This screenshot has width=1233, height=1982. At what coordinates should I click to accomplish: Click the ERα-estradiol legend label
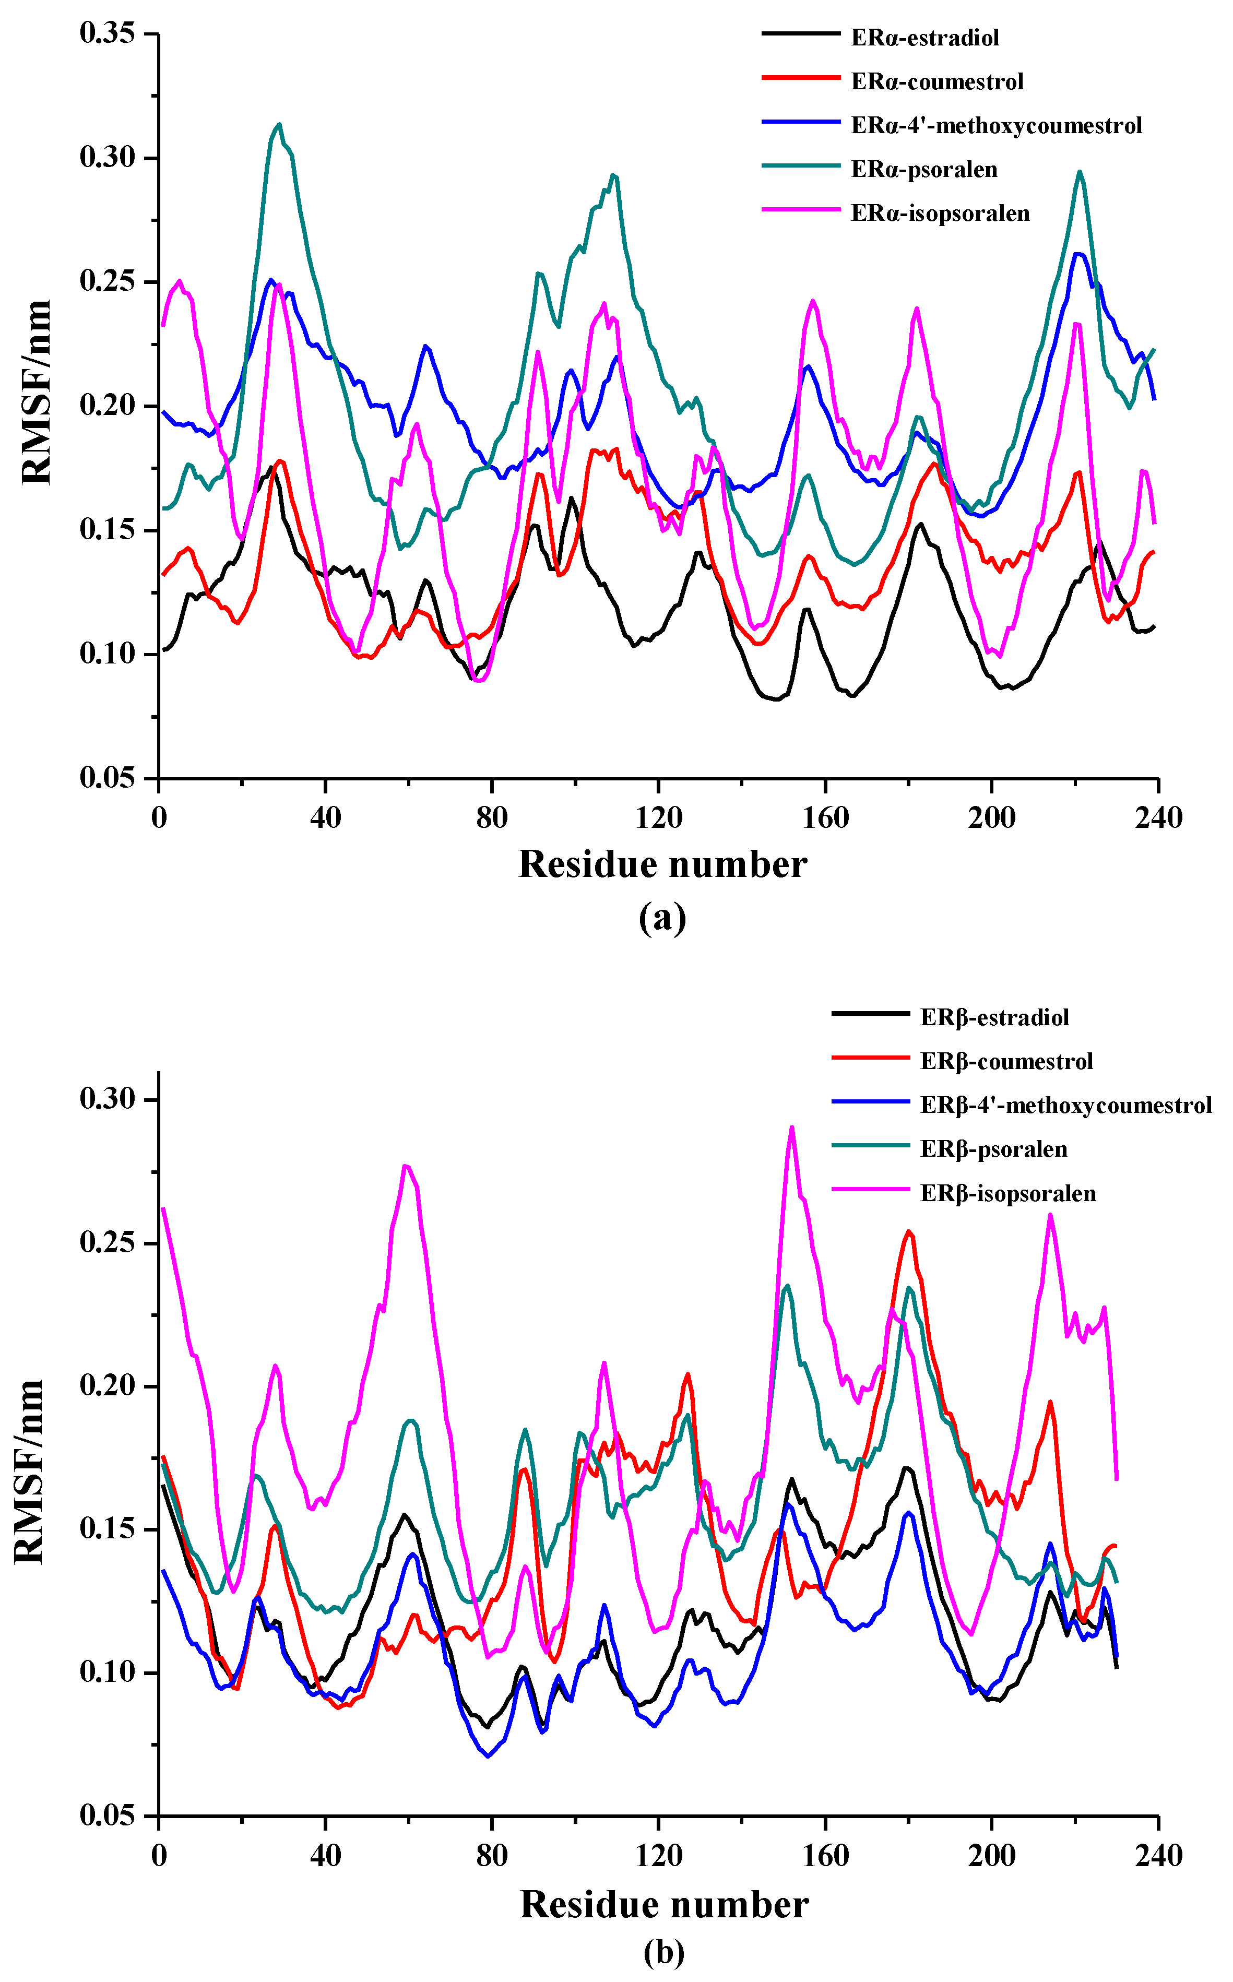[x=925, y=38]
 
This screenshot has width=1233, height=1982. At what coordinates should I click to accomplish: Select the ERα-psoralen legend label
[x=924, y=170]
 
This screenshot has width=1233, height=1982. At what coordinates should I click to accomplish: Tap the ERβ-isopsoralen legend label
[x=1008, y=1194]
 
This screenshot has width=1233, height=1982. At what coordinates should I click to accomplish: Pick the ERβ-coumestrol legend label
[x=1006, y=1062]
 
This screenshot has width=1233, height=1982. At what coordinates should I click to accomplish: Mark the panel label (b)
[x=663, y=1952]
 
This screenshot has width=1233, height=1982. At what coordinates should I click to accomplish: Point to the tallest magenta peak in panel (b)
[x=791, y=1128]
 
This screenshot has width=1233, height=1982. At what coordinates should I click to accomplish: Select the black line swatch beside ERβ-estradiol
[x=870, y=1013]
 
